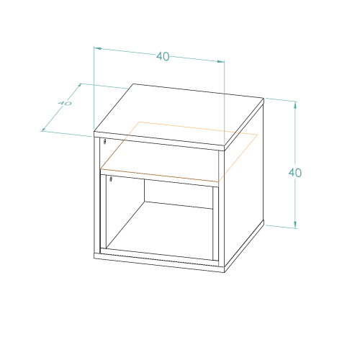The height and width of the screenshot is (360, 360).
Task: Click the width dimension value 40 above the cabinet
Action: pyautogui.click(x=163, y=56)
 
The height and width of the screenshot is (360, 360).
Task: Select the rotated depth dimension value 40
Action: pyautogui.click(x=65, y=103)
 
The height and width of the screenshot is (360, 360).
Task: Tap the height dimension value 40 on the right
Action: pyautogui.click(x=295, y=173)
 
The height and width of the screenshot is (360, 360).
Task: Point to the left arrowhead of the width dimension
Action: pyautogui.click(x=97, y=49)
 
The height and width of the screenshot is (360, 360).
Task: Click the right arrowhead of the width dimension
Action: pyautogui.click(x=221, y=61)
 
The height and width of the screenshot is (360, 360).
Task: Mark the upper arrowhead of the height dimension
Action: pyautogui.click(x=295, y=106)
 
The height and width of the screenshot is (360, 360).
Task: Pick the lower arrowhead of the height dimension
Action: pyautogui.click(x=295, y=224)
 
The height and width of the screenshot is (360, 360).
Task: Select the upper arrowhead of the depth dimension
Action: pyautogui.click(x=78, y=86)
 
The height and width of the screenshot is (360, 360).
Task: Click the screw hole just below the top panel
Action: pyautogui.click(x=104, y=141)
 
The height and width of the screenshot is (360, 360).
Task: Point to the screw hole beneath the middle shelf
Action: pyautogui.click(x=111, y=179)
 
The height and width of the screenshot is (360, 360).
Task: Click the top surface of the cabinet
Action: pyautogui.click(x=179, y=114)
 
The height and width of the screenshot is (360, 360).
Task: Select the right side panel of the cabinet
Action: pyautogui.click(x=244, y=186)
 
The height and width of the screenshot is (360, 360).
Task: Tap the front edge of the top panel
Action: pyautogui.click(x=159, y=141)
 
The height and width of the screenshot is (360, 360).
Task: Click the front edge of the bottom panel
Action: pyautogui.click(x=159, y=263)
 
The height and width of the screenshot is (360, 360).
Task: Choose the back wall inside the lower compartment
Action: pyautogui.click(x=179, y=194)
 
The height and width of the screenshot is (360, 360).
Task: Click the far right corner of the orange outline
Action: pyautogui.click(x=257, y=135)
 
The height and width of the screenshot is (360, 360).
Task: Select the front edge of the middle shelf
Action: pyautogui.click(x=160, y=178)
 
